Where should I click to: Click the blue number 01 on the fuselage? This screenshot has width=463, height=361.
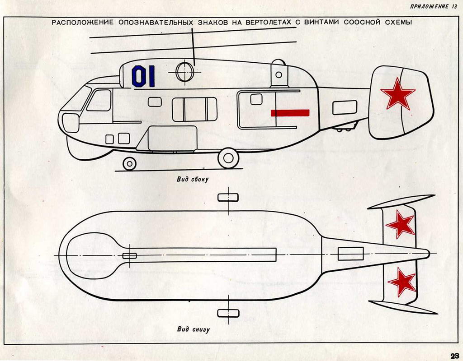(x=143, y=76)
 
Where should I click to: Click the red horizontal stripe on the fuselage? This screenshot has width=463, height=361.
(x=290, y=112)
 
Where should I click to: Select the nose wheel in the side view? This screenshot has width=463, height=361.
(x=129, y=163)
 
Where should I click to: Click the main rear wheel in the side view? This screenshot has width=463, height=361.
(x=228, y=158)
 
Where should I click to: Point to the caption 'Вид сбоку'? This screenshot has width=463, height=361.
(x=193, y=179)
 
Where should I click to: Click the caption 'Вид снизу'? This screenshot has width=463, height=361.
(x=193, y=329)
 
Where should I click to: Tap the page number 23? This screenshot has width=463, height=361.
(x=454, y=355)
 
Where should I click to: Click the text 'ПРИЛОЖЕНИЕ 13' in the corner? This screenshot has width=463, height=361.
(x=434, y=6)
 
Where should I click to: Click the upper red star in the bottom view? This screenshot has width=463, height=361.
(x=400, y=224)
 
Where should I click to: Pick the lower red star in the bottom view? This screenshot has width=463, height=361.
(x=402, y=282)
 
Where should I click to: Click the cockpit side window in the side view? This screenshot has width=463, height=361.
(x=99, y=100)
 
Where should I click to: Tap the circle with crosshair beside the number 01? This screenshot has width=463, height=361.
(x=184, y=72)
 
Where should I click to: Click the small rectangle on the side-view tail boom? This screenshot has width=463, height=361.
(x=345, y=107)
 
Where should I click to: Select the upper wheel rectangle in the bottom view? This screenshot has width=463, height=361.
(x=228, y=197)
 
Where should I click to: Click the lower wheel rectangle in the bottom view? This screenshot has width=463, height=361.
(x=228, y=313)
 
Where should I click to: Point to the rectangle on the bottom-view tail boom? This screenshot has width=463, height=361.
(x=350, y=254)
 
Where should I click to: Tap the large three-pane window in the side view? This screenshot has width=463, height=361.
(x=194, y=110)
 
